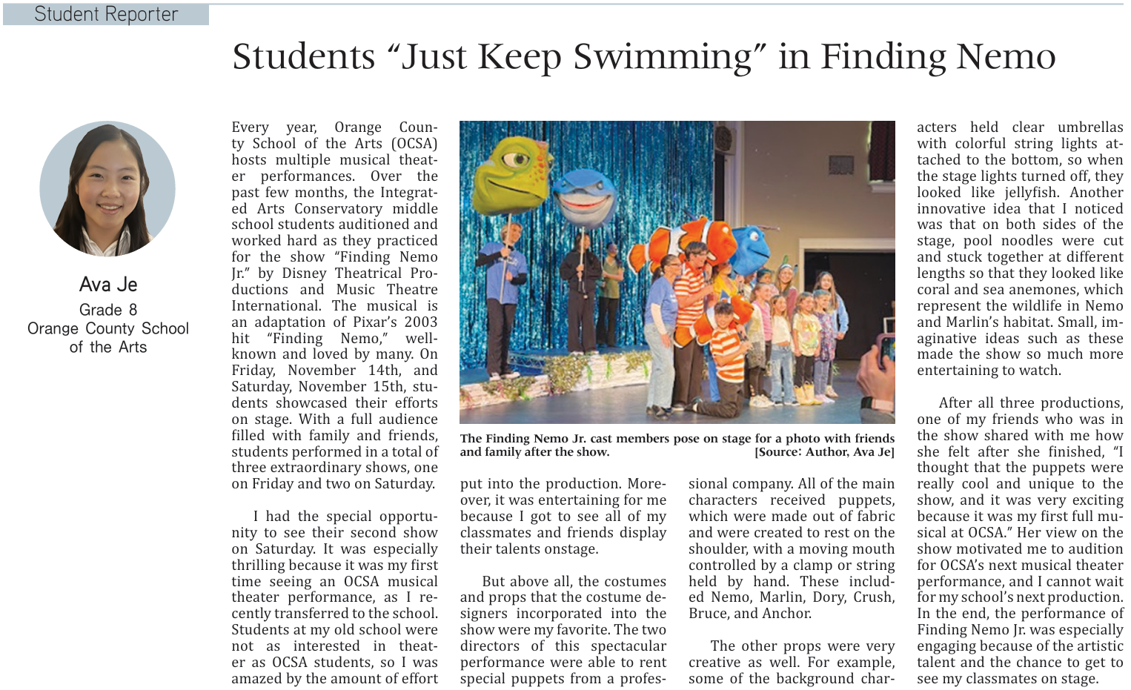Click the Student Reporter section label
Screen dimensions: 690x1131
pos(106,14)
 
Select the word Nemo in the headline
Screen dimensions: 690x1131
pos(1005,57)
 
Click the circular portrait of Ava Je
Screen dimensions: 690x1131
pos(107,189)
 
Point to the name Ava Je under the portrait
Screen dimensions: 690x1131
pos(108,285)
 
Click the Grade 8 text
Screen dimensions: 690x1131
pos(108,310)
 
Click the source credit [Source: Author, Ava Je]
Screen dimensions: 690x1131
pos(824,452)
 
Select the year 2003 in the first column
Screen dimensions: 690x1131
pos(420,322)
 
